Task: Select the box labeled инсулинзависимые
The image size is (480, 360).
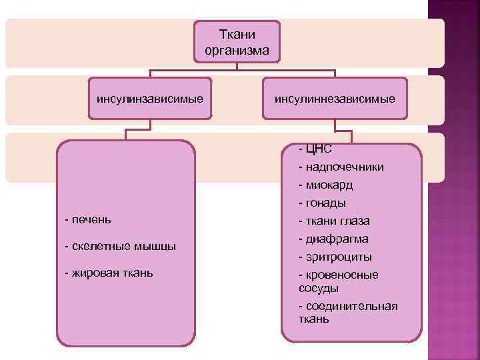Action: click(149, 99)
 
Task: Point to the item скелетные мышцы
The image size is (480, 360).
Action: click(121, 246)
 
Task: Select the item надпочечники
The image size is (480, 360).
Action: click(341, 167)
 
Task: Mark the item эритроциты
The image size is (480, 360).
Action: click(336, 257)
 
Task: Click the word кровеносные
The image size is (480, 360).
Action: click(342, 275)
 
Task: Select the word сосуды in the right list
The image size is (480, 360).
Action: click(319, 288)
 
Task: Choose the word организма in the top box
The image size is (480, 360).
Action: click(237, 49)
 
